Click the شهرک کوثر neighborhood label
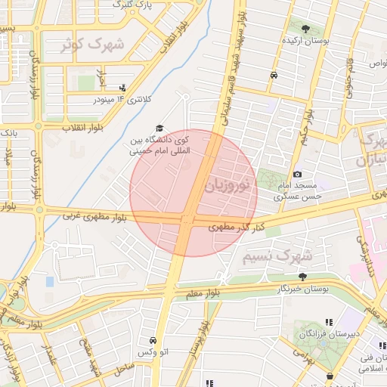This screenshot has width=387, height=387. click(x=94, y=45)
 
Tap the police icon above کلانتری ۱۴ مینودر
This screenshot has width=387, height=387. click(x=122, y=88)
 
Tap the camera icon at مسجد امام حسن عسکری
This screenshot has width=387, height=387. click(x=297, y=175)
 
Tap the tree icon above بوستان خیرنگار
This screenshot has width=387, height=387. click(x=302, y=277)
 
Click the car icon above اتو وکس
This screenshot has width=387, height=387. click(x=154, y=341)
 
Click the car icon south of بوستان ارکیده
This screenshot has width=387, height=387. click(x=273, y=75)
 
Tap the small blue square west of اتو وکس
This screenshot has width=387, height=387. click(x=50, y=281)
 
